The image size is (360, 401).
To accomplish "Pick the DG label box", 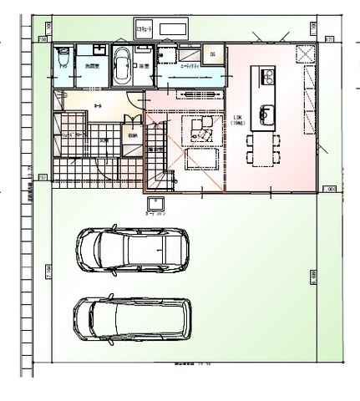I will click(x=213, y=55).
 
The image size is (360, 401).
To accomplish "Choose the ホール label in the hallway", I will click(x=99, y=106).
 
